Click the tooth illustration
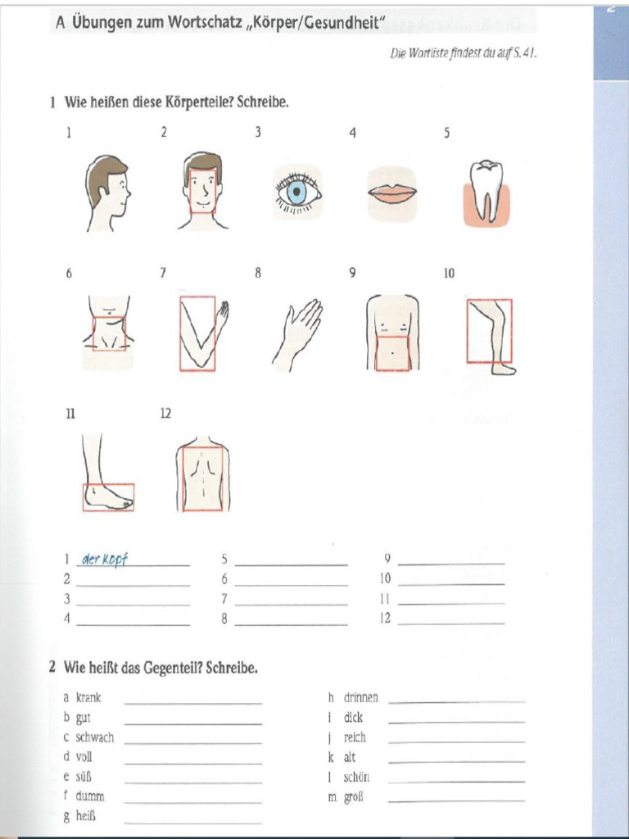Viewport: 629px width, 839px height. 486,191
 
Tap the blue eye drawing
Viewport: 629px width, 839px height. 296,193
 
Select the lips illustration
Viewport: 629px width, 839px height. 391,193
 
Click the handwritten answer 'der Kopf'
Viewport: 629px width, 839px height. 105,560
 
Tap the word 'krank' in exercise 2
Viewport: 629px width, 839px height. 88,698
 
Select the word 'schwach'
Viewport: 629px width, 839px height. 95,737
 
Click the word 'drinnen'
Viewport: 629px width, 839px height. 361,698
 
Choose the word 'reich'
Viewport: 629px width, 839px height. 355,737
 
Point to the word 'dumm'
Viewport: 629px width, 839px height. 90,796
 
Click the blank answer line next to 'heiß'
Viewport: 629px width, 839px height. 193,821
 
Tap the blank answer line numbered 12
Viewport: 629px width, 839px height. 450,623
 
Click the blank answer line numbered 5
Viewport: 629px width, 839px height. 291,564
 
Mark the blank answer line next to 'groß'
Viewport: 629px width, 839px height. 456,800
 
